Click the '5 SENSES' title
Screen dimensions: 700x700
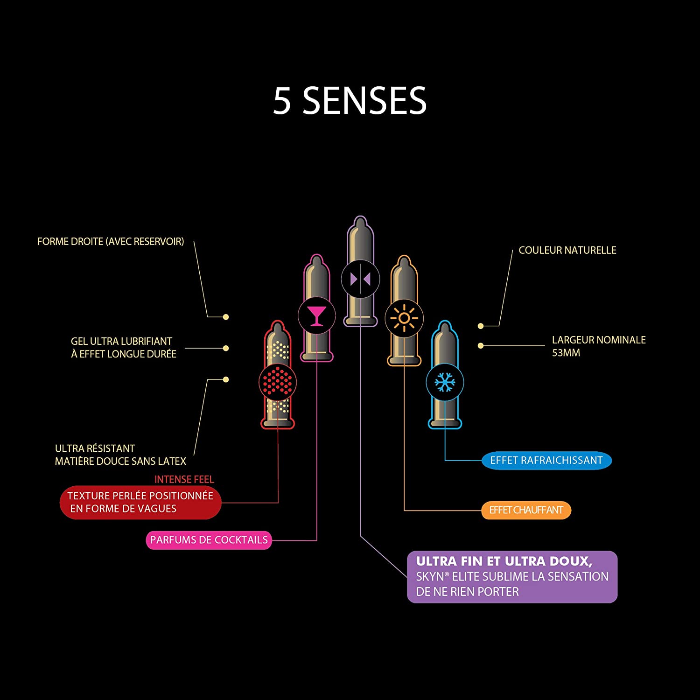tap(350, 101)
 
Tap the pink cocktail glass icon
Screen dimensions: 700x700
tap(316, 315)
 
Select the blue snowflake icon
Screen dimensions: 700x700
tap(445, 382)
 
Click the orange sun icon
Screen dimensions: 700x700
tap(404, 319)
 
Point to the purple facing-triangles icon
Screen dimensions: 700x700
tap(360, 279)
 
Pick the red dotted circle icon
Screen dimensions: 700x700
tap(278, 382)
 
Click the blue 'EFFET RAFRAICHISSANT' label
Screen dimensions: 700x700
tap(546, 461)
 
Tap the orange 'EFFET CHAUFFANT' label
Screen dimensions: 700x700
tap(526, 511)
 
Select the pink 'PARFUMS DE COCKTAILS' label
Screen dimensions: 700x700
tap(209, 540)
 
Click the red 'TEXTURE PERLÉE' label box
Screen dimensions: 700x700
tap(140, 502)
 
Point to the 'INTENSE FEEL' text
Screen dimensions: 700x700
tap(184, 479)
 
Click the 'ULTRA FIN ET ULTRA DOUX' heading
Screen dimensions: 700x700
tap(504, 561)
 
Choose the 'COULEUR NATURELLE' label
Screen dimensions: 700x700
tap(567, 251)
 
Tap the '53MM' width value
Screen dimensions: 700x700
tap(566, 353)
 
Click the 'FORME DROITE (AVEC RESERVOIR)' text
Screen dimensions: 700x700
tap(111, 242)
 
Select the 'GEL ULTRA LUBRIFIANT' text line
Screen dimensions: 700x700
tap(121, 341)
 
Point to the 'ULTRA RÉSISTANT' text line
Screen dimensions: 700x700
tap(95, 448)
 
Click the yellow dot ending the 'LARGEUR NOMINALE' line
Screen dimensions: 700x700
tap(481, 346)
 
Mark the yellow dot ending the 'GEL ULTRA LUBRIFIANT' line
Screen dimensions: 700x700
tap(226, 348)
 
